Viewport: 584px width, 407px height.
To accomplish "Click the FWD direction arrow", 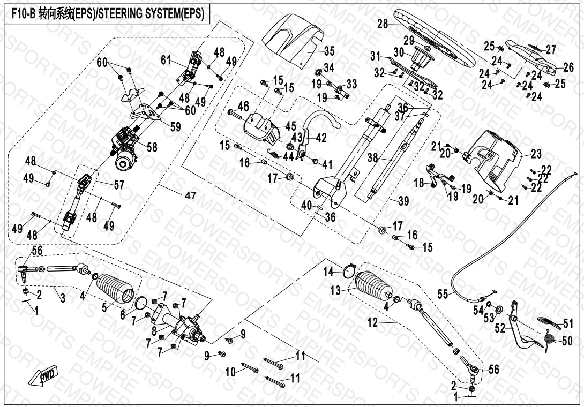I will [48, 378].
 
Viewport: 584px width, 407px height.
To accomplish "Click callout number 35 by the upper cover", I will [330, 51].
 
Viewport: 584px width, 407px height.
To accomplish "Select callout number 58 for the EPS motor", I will [152, 147].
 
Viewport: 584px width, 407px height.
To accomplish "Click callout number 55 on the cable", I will [443, 294].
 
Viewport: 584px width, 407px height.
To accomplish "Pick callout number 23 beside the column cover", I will [536, 154].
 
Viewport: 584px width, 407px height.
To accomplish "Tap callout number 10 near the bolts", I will [230, 372].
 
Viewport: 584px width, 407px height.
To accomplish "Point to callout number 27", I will [551, 49].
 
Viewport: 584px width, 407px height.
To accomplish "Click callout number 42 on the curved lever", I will [321, 137].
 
